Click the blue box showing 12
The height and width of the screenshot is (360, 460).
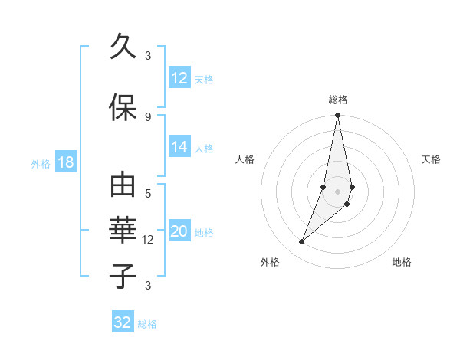click(x=179, y=78)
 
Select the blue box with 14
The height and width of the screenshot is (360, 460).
click(x=179, y=147)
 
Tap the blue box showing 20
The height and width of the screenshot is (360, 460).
click(x=179, y=232)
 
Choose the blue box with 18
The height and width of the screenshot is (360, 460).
click(x=65, y=162)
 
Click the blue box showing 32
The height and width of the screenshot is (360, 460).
click(x=123, y=322)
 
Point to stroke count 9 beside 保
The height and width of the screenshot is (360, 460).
click(x=148, y=116)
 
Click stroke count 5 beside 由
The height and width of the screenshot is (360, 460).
click(x=148, y=193)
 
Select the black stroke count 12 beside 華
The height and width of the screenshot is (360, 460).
click(x=148, y=240)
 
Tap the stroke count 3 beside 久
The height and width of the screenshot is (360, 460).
click(x=148, y=55)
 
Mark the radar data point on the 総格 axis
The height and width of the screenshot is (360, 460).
click(x=337, y=116)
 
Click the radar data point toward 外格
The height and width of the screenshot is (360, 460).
click(x=301, y=242)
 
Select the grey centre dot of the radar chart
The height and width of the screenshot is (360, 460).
click(x=337, y=191)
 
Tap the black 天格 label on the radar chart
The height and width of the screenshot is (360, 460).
click(x=431, y=159)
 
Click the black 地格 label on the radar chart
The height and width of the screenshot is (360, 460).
click(x=402, y=263)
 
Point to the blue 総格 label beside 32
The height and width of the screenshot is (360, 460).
click(x=147, y=324)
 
